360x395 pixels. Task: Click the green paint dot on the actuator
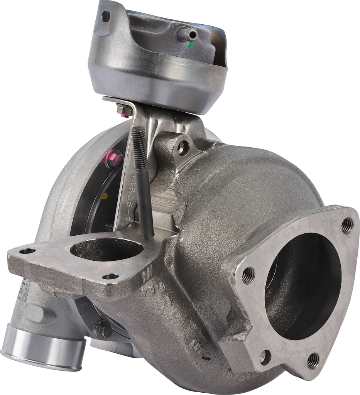click(190, 45)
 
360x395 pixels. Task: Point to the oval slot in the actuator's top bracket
click(105, 16)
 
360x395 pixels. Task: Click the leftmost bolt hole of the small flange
click(27, 251)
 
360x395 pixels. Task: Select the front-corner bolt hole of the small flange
click(110, 277)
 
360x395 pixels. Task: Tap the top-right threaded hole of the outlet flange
click(347, 225)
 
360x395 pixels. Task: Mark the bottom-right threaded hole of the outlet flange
click(313, 360)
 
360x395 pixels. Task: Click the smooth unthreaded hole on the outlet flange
click(265, 356)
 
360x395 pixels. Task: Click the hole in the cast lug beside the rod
click(183, 147)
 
